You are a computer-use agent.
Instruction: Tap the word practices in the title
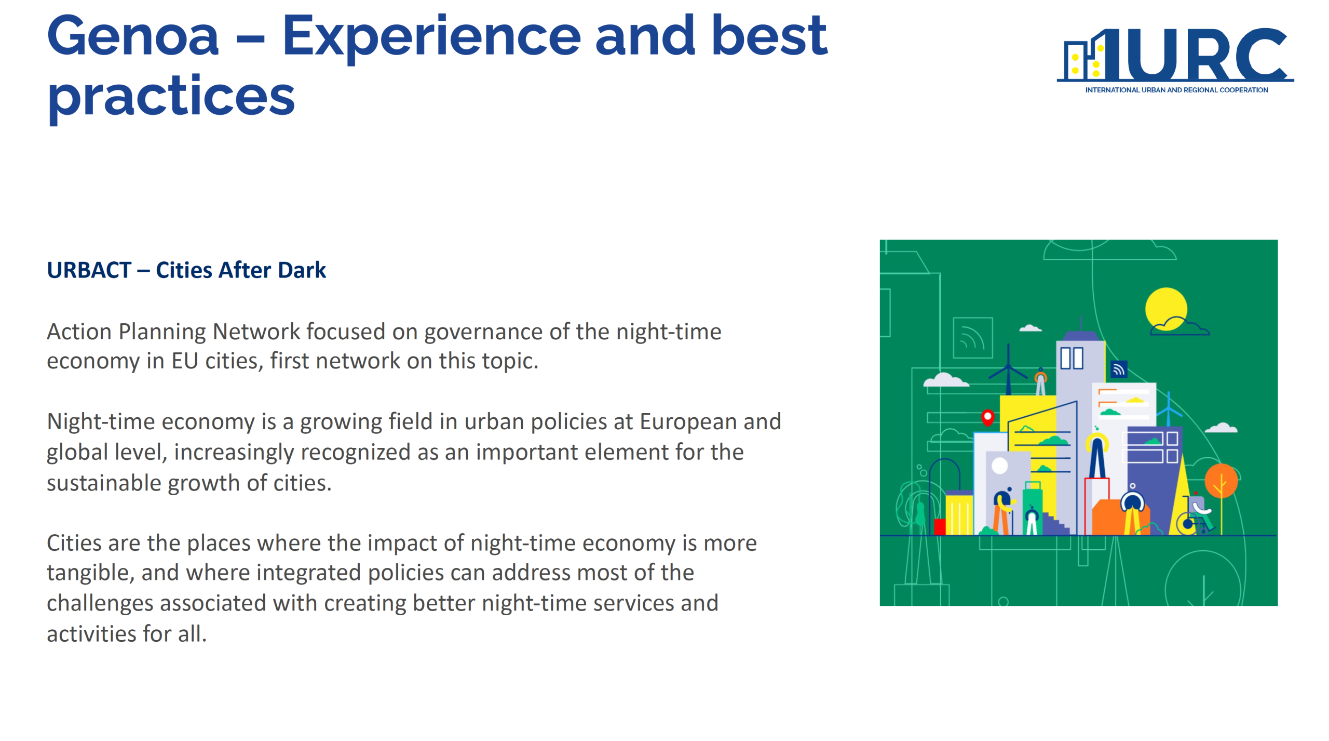point(171,98)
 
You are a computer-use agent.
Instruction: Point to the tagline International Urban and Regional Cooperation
point(1176,90)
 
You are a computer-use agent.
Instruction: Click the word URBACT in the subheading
point(89,270)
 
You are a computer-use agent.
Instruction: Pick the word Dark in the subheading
point(302,270)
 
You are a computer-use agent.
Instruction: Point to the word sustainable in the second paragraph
point(104,483)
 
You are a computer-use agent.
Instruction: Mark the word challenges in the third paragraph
point(100,604)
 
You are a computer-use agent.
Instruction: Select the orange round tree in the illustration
point(1221,481)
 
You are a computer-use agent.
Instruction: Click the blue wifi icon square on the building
point(1119,369)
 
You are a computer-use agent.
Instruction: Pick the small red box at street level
point(940,527)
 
